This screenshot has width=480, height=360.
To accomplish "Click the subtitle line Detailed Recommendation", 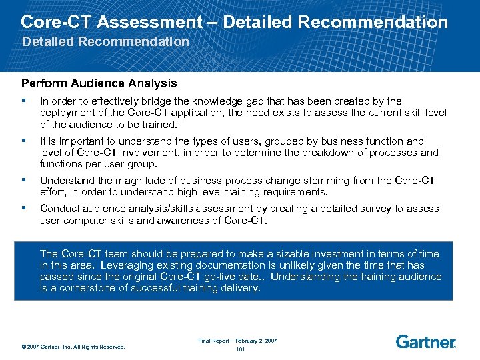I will [105, 41].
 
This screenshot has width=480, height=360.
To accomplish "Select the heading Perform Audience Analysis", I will [99, 83].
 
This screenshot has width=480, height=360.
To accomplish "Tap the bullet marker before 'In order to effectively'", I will [23, 101].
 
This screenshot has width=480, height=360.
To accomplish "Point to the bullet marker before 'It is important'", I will [23, 141].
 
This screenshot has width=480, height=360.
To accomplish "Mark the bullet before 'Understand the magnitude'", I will [23, 181].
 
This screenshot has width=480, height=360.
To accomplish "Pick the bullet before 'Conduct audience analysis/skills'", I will [23, 209].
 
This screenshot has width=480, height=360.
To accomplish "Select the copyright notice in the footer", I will [73, 346].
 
